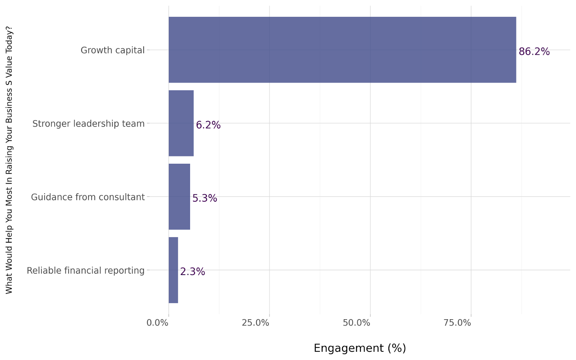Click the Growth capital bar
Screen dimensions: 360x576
coord(342,50)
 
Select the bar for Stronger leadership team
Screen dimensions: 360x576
coord(181,123)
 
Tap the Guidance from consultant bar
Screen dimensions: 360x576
coord(179,197)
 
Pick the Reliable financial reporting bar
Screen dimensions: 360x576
coord(173,270)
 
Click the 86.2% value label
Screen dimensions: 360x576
coord(534,52)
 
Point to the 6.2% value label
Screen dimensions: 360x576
coord(208,125)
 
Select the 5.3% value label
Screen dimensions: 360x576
coord(204,198)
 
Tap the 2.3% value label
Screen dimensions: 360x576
coord(193,272)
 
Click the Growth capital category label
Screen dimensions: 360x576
coord(112,50)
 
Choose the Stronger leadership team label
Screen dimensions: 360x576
coord(88,124)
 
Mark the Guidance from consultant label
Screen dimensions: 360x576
coord(87,197)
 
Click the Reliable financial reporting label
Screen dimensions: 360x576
coord(85,271)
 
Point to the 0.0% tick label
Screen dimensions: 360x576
coord(157,323)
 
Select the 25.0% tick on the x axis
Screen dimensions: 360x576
coord(255,323)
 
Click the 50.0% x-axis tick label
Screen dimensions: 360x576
coord(356,323)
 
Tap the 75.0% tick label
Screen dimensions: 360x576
coord(457,323)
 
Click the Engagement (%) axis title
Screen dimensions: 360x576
coord(360,348)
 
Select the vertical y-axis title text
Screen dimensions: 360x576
coord(9,160)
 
